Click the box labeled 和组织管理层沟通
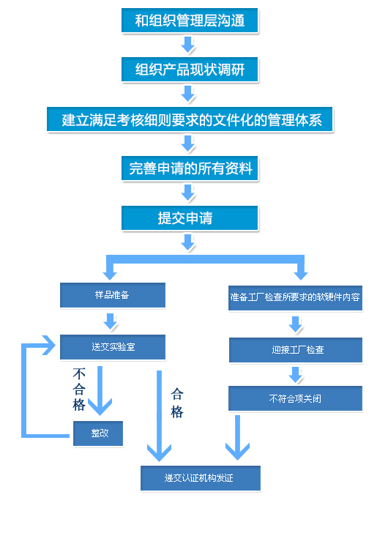point(190,21)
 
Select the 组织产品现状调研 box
point(190,70)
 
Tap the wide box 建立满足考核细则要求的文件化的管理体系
point(190,119)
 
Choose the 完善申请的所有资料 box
point(190,168)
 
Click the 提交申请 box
point(190,218)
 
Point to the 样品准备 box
point(113,295)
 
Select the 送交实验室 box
point(113,347)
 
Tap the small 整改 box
point(98,433)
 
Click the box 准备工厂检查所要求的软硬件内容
point(295,298)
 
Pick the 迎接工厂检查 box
point(296,350)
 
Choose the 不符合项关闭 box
point(295,398)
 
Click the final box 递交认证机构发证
point(201,478)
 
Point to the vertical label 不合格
point(79,390)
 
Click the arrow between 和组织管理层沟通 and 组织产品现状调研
point(188,45)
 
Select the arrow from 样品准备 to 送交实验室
point(111,321)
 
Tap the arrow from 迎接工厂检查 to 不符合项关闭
point(295,375)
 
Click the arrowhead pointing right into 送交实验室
point(49,345)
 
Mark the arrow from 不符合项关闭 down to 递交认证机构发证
point(237,438)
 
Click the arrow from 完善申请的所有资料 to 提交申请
point(188,193)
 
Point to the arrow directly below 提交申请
point(188,242)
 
